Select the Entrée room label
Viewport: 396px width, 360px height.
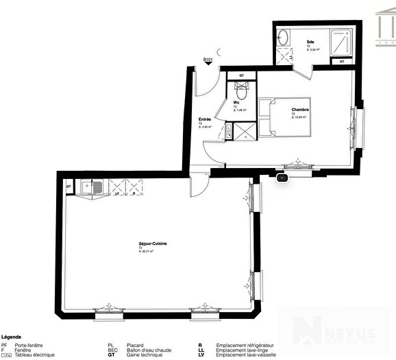click(205, 119)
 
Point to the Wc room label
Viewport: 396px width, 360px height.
click(235, 103)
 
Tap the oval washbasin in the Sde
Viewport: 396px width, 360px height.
click(284, 38)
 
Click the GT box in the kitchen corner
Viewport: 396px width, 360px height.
click(69, 187)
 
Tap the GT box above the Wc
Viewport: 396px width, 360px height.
click(240, 75)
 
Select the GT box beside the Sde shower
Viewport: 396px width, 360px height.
click(342, 62)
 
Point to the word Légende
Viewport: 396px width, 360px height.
click(12, 337)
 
